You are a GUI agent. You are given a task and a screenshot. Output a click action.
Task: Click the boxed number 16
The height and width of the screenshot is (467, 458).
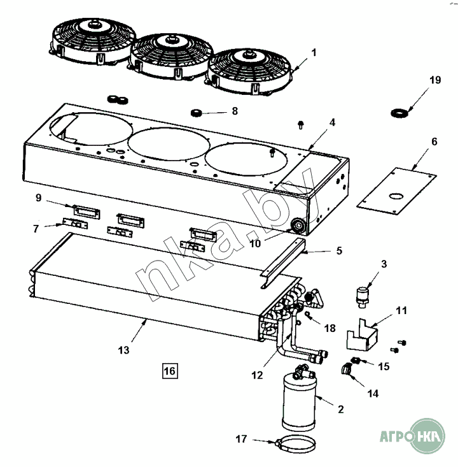tap(170, 370)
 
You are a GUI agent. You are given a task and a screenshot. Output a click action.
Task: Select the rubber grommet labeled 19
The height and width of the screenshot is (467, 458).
tap(398, 113)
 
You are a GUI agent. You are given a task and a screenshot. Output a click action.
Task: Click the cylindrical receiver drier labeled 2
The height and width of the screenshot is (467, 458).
tap(299, 402)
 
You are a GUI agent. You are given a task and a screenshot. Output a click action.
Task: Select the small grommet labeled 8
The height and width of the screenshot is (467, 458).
tap(197, 113)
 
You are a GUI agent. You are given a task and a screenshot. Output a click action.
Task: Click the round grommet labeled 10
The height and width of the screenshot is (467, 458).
tap(297, 226)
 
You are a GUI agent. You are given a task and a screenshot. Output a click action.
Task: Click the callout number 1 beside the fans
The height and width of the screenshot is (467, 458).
tap(314, 50)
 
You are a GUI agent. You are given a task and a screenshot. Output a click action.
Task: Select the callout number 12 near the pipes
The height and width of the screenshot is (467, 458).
tap(257, 375)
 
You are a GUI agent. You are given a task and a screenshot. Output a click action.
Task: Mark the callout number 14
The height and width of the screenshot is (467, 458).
tap(373, 394)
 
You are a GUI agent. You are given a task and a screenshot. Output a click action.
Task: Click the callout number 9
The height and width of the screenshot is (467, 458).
tap(38, 199)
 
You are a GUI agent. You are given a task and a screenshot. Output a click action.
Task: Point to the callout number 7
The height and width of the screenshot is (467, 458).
tap(36, 227)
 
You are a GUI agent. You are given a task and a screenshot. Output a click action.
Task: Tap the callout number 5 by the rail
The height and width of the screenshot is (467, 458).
tap(339, 251)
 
